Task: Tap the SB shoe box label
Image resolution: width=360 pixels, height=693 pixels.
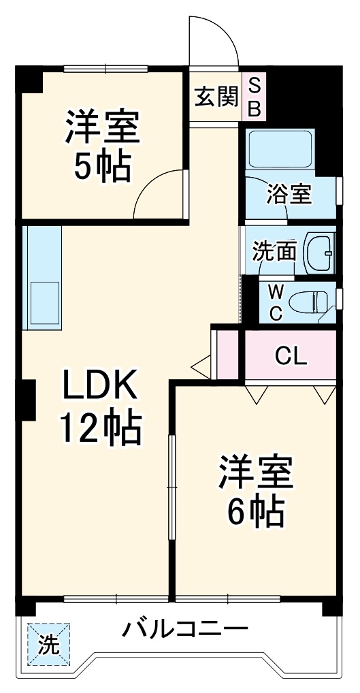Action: [x=254, y=97]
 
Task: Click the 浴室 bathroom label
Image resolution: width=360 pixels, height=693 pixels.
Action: [x=289, y=195]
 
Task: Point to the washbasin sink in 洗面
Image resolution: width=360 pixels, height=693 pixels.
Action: [x=317, y=252]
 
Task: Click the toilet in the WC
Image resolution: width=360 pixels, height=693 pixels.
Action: [x=307, y=302]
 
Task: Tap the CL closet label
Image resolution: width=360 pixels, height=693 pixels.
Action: [x=290, y=355]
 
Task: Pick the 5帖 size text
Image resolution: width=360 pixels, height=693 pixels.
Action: [x=102, y=165]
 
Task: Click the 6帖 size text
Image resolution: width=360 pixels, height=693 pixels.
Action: [x=255, y=512]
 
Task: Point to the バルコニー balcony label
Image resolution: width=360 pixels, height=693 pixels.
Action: [x=184, y=628]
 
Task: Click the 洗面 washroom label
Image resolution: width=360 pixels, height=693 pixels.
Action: [x=274, y=252]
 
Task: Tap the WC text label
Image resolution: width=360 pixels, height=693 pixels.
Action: [x=275, y=302]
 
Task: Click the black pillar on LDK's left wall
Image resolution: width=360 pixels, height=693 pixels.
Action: [x=27, y=400]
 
